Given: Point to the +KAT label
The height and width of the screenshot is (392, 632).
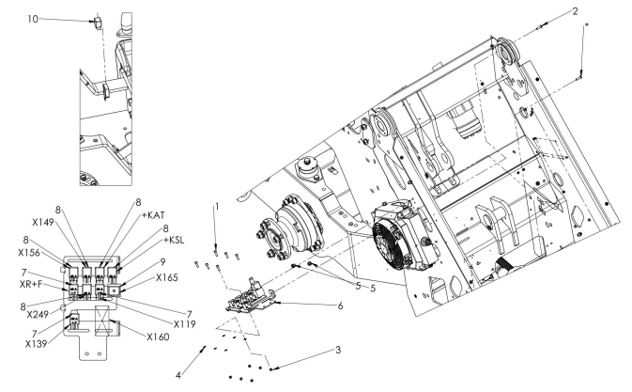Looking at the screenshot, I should pos(151,216).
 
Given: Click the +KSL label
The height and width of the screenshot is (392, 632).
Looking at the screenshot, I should pos(151,239).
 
